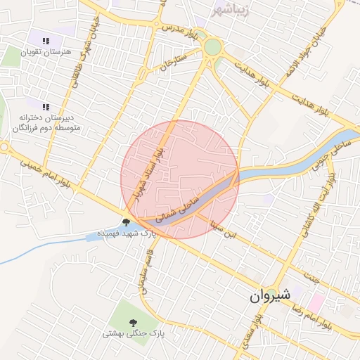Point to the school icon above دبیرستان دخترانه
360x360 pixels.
coord(46,107)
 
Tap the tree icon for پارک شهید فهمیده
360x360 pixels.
coord(126,222)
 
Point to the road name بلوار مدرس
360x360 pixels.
coord(177,30)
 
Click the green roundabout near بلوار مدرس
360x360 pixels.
coord(212,47)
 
